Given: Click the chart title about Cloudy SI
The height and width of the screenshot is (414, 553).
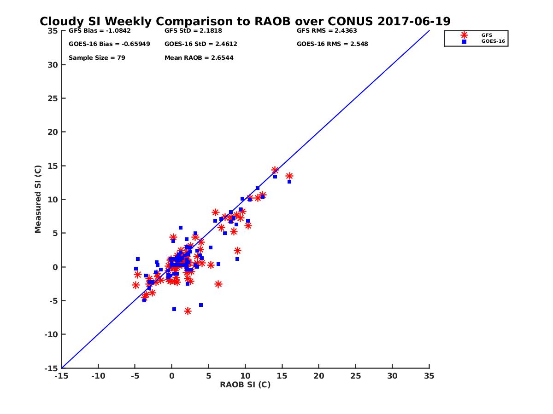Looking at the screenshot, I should coord(245,22).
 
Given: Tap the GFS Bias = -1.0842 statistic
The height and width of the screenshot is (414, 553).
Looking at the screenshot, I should coord(100,31).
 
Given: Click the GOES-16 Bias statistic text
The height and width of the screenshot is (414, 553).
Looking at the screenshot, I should coord(109,44).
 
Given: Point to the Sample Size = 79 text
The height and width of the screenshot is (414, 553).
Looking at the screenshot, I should coord(97,58).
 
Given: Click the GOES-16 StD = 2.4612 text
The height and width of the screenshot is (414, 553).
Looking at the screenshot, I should coord(200,44).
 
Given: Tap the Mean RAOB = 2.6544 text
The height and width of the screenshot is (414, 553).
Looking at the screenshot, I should coord(199,58).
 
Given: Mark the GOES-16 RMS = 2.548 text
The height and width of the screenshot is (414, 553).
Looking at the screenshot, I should coord(332,44).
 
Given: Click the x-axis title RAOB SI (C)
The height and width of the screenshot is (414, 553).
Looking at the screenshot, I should coord(245,385).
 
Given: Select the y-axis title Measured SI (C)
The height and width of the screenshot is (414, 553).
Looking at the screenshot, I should coord(38,200).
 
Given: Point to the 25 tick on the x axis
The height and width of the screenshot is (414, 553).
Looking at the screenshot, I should coord(355,376).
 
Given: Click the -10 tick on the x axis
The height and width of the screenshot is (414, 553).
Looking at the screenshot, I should coord(98,376).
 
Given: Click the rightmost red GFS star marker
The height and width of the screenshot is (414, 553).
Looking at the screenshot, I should coord(289,176).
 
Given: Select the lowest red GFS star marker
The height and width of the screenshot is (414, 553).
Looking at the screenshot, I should coord(188,311).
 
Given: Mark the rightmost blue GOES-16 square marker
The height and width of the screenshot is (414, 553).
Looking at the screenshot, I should coord(289,182).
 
